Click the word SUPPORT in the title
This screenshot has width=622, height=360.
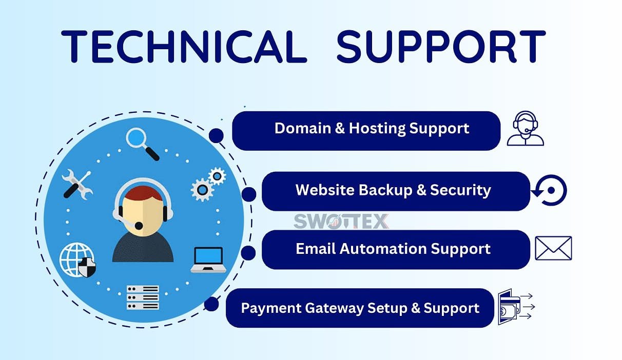point(441,46)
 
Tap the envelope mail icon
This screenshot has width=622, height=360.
point(553,248)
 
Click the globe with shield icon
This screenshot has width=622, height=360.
point(77,259)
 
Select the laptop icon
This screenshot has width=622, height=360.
point(208,259)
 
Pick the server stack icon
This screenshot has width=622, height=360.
point(143,297)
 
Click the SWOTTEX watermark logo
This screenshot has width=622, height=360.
point(341,221)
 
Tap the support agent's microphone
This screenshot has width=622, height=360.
point(139,225)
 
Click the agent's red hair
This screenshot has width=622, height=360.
point(143,193)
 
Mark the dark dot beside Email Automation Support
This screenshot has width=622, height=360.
point(248,253)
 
